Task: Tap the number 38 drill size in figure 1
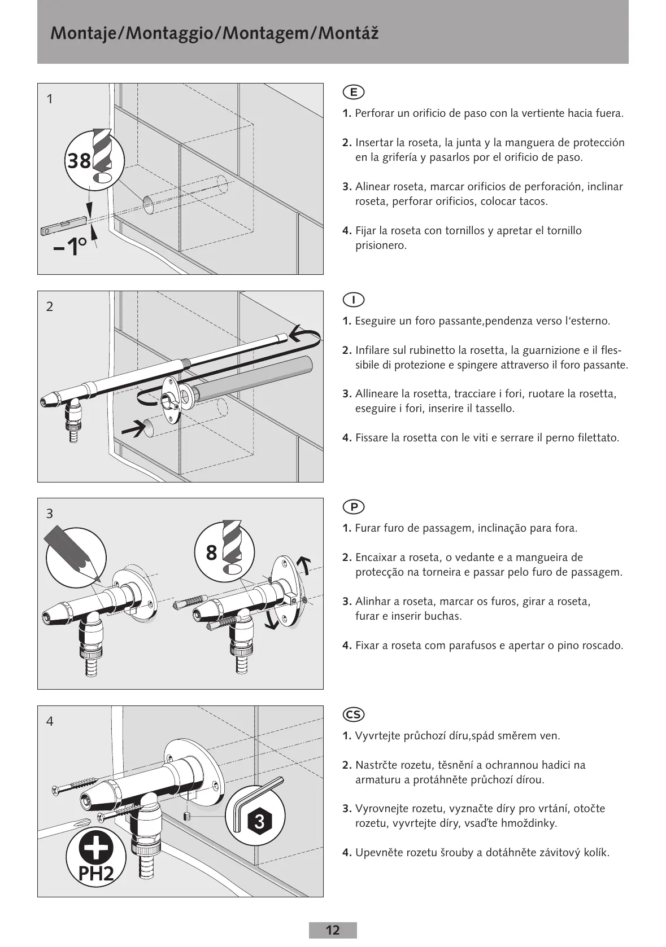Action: [79, 161]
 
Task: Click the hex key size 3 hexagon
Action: [259, 821]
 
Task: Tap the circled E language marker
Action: [354, 92]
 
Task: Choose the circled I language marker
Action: [354, 300]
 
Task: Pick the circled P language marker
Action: [354, 507]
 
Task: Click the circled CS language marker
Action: [354, 714]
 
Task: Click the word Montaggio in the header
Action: [173, 34]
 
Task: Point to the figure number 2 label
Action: [50, 306]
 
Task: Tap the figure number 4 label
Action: [50, 721]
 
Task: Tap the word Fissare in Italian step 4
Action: [371, 438]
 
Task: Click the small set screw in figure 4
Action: [188, 816]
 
